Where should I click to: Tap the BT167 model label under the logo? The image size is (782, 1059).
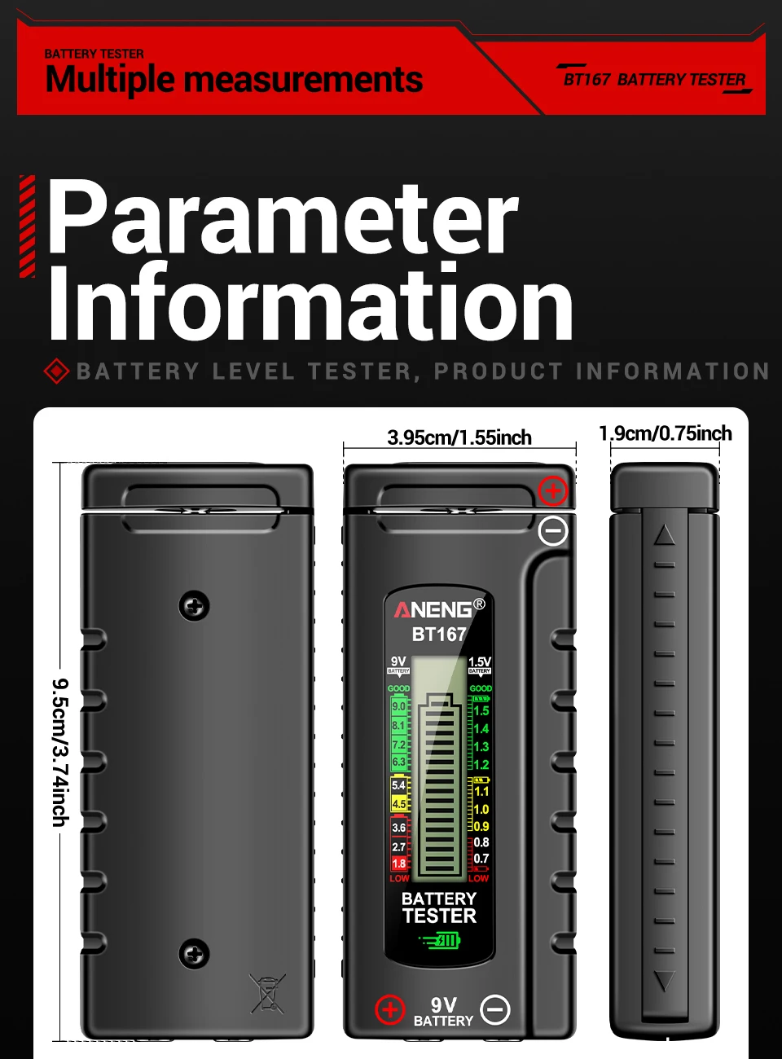point(439,634)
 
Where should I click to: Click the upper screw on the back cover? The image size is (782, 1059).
point(194,606)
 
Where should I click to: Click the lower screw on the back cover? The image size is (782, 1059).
point(194,953)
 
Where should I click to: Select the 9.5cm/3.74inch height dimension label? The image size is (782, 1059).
point(60,752)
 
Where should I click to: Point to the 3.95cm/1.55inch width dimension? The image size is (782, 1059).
point(459,437)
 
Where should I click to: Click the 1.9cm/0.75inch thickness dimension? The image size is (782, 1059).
point(665,433)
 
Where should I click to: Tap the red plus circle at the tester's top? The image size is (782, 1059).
point(553,491)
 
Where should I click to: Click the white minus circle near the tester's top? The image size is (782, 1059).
point(553,531)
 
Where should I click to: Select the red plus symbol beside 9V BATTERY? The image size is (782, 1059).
point(389,1010)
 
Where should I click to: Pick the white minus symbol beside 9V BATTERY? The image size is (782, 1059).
point(495,1010)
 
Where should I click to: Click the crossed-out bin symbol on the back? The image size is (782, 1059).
point(267,993)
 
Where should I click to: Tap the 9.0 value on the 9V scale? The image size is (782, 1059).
point(398,706)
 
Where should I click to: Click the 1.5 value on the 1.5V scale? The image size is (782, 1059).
point(481,711)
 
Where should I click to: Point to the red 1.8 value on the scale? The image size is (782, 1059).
point(398,863)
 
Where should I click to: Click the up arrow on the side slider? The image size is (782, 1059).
point(665,534)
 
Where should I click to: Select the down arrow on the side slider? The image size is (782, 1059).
point(665,981)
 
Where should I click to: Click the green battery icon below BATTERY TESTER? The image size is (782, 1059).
point(440,941)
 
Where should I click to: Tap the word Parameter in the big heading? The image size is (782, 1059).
point(282,218)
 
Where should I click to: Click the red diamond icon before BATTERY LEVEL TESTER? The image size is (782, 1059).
point(56,371)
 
